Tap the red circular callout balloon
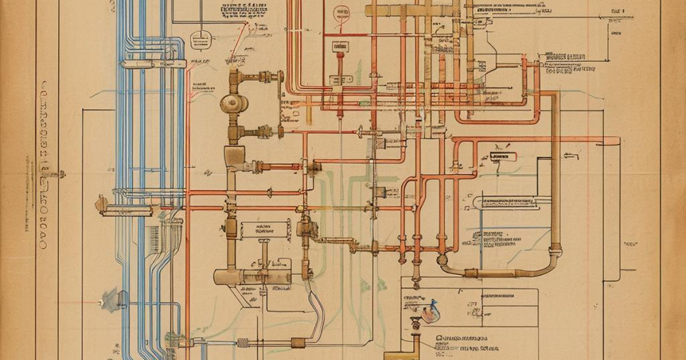click(341, 12)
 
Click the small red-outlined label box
click(503, 156)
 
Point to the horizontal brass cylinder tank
click(252, 277)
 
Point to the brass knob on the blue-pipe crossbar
click(102, 203)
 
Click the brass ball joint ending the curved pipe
click(442, 260)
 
